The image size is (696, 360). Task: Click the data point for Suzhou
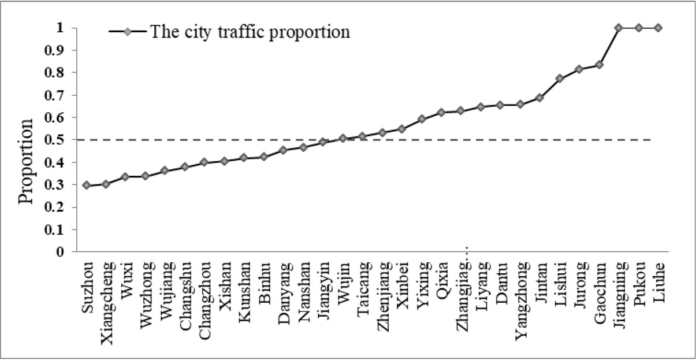85,185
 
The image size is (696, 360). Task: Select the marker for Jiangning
619,28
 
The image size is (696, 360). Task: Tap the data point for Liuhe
658,28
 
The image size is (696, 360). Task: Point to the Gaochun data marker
599,65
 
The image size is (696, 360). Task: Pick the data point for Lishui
559,78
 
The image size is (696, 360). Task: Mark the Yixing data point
421,119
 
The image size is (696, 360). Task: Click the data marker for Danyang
283,150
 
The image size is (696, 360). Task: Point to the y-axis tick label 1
60,28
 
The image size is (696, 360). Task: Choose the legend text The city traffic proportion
250,31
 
